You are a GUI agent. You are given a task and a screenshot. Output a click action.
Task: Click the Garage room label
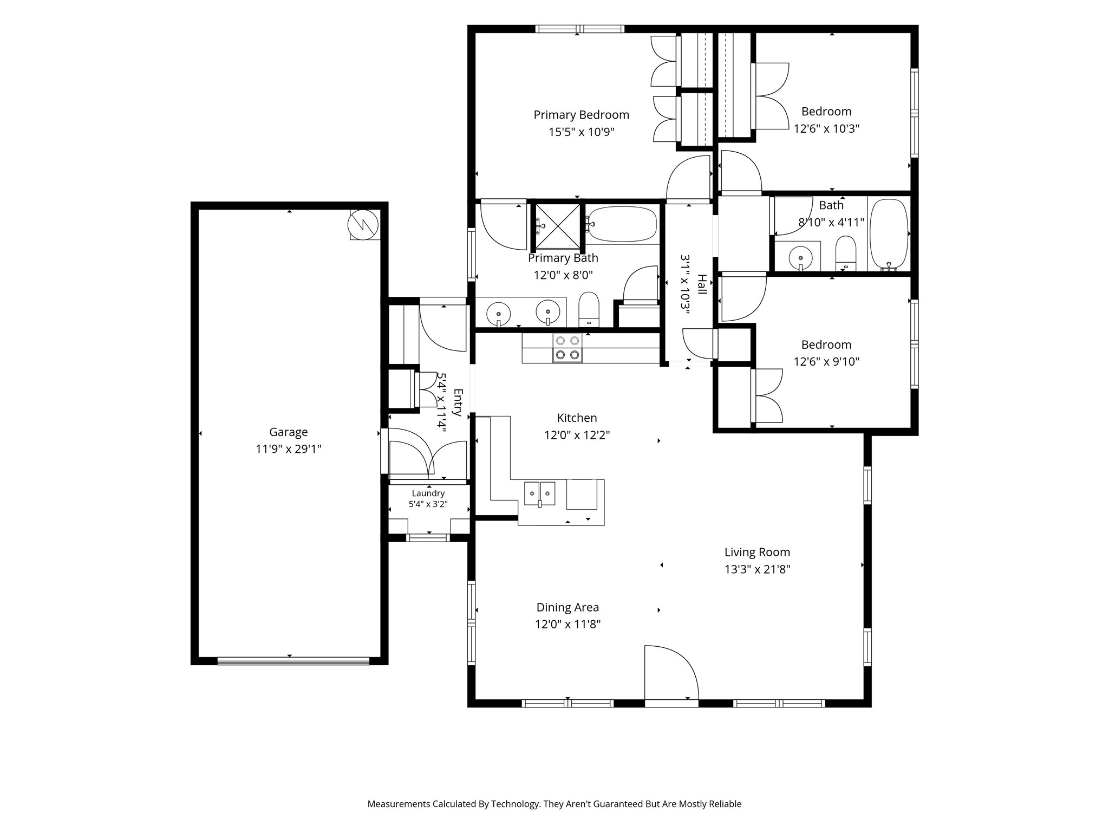point(289,432)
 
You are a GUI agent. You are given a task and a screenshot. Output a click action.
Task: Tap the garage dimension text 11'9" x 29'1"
point(289,449)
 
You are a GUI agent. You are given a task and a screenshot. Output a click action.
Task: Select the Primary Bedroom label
point(581,115)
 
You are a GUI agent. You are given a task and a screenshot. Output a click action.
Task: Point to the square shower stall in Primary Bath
point(558,225)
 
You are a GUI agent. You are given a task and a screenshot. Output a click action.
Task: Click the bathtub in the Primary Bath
point(623,224)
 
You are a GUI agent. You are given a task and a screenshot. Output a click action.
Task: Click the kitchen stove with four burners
point(567,348)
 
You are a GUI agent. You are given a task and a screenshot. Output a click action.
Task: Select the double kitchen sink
point(540,493)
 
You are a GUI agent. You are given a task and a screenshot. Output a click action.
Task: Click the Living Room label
point(757,552)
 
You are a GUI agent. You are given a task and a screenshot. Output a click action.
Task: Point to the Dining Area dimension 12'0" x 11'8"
point(567,625)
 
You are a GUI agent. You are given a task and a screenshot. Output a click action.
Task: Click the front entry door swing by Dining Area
point(671,673)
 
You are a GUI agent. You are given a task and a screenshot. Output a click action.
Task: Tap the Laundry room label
point(428,493)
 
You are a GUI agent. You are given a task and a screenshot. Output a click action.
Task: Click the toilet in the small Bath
point(845,253)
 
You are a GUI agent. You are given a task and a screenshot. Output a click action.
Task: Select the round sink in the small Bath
point(800,257)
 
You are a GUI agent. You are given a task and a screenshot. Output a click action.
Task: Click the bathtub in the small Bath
point(889,235)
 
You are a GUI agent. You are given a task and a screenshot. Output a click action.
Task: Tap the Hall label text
point(702,284)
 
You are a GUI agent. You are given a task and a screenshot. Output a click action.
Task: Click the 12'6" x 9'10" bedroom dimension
point(826,362)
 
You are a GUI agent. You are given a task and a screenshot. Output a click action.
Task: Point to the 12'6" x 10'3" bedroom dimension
point(826,129)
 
